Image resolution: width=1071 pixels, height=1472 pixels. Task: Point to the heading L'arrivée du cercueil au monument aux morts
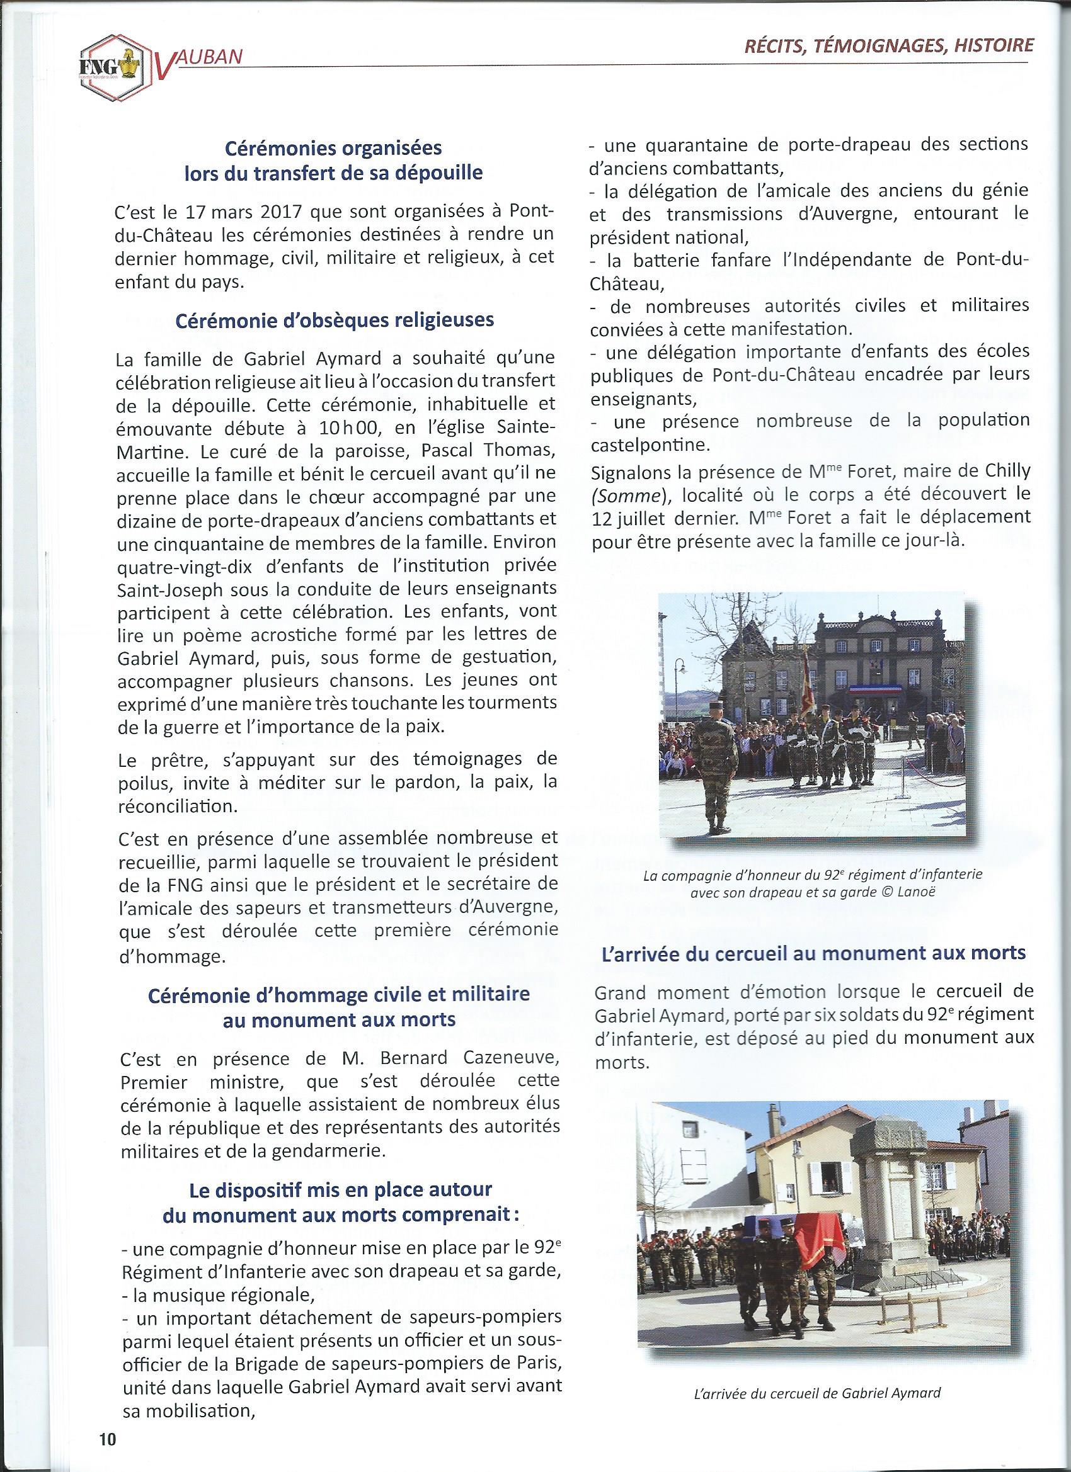(x=811, y=953)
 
